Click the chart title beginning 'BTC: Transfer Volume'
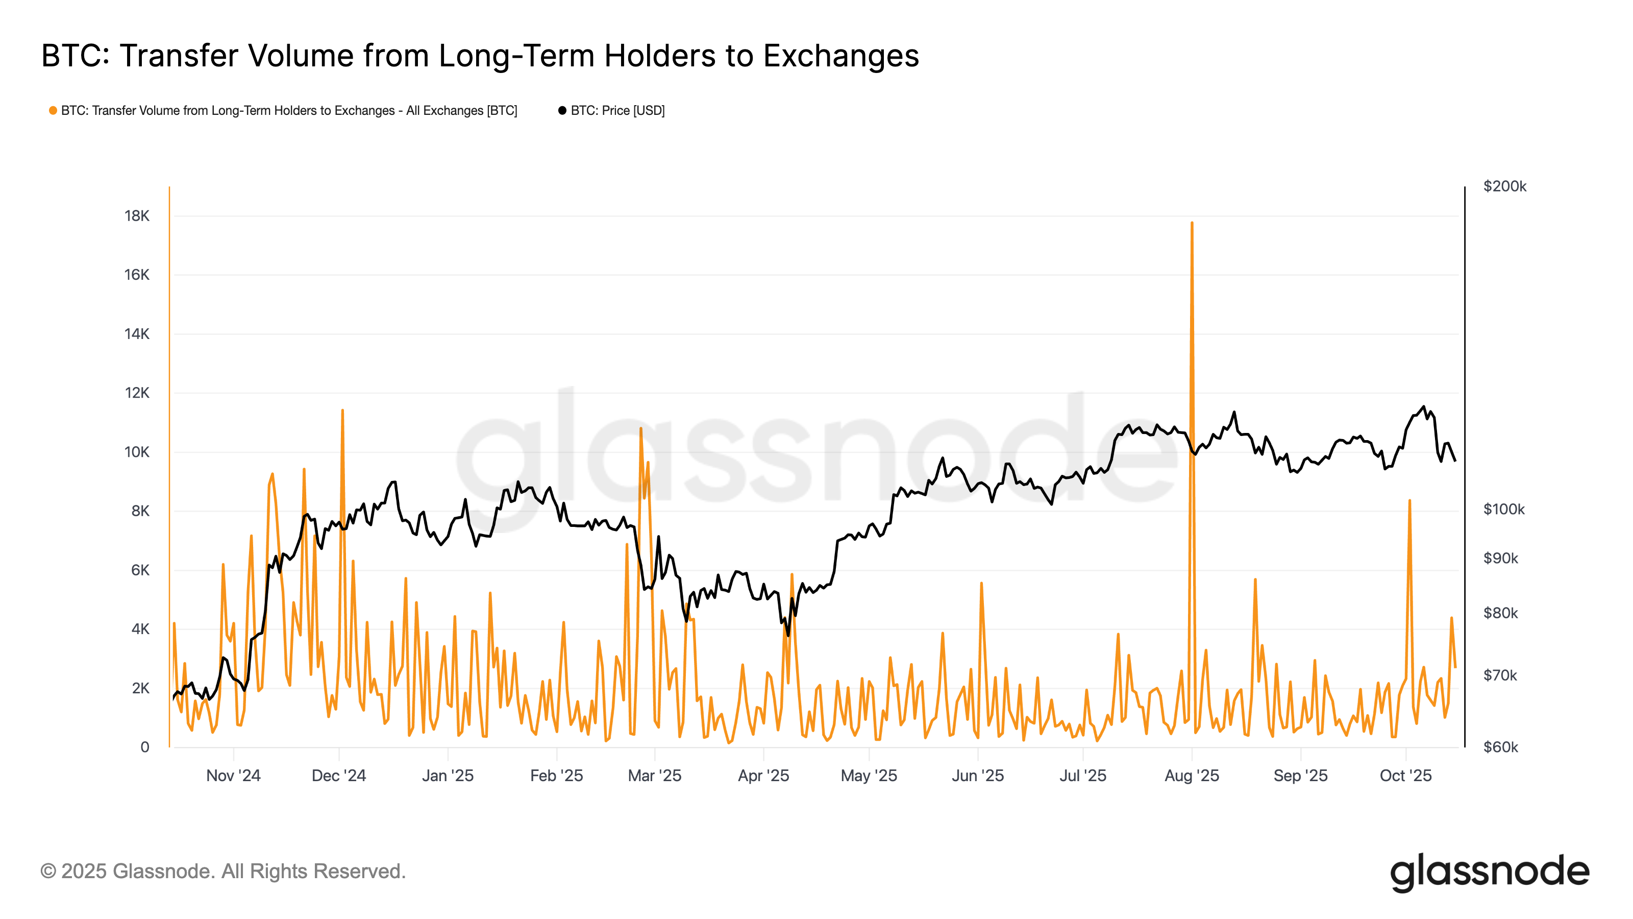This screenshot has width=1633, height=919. pyautogui.click(x=480, y=56)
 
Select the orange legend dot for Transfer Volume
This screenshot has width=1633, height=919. pyautogui.click(x=53, y=110)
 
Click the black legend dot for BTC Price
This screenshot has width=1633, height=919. pyautogui.click(x=562, y=110)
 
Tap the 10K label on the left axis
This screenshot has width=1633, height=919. pyautogui.click(x=136, y=452)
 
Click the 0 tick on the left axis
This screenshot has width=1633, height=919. pyautogui.click(x=144, y=747)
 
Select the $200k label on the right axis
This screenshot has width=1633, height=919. pyautogui.click(x=1504, y=186)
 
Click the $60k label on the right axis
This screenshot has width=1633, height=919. pyautogui.click(x=1500, y=747)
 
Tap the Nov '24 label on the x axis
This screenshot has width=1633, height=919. pyautogui.click(x=233, y=776)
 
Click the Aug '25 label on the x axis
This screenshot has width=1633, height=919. pyautogui.click(x=1192, y=776)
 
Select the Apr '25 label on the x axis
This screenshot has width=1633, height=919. pyautogui.click(x=763, y=776)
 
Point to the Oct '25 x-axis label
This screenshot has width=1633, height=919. pyautogui.click(x=1405, y=776)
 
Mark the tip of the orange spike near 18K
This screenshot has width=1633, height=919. pyautogui.click(x=1192, y=223)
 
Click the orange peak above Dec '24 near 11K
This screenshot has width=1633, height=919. pyautogui.click(x=342, y=411)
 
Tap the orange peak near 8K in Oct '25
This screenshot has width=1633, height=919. pyautogui.click(x=1409, y=501)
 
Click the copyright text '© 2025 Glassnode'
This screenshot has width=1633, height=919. pyautogui.click(x=222, y=872)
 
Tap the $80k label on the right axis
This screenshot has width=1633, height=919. pyautogui.click(x=1500, y=613)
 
